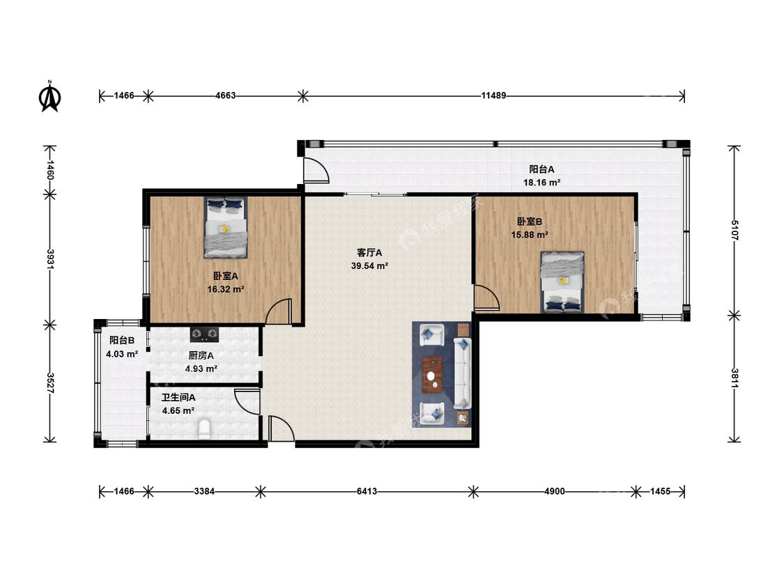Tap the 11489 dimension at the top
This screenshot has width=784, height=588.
[x=493, y=95]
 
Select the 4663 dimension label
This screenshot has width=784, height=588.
[x=226, y=95]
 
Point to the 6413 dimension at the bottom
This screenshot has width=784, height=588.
[x=367, y=491]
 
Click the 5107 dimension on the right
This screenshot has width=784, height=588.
[x=735, y=231]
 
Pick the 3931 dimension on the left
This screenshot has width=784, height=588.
[x=50, y=259]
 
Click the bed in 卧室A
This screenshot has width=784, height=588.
[x=226, y=227]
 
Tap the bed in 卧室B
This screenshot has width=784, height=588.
[x=562, y=282]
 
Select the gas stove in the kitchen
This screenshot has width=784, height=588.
[x=204, y=334]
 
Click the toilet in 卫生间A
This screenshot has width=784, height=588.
[x=204, y=429]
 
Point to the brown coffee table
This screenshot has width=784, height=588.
[x=432, y=375]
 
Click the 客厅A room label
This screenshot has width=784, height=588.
[x=369, y=252]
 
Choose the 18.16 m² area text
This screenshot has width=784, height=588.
[x=541, y=183]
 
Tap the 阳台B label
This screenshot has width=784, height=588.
[x=122, y=341]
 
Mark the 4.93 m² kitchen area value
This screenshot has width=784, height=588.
[x=201, y=369]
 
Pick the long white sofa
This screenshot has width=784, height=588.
[x=463, y=373]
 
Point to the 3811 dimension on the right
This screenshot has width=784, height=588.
[x=735, y=378]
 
